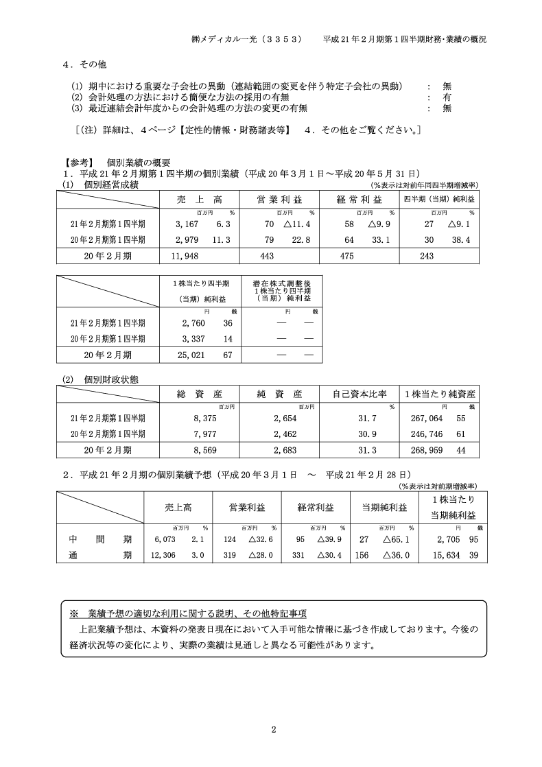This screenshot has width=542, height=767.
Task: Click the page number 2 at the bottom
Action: (x=273, y=729)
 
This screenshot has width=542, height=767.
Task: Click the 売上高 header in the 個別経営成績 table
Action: (x=200, y=199)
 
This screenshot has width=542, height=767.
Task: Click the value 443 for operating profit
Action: (x=268, y=255)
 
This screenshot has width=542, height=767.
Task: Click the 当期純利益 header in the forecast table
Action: (x=384, y=508)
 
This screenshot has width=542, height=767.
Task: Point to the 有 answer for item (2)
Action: (x=447, y=97)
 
